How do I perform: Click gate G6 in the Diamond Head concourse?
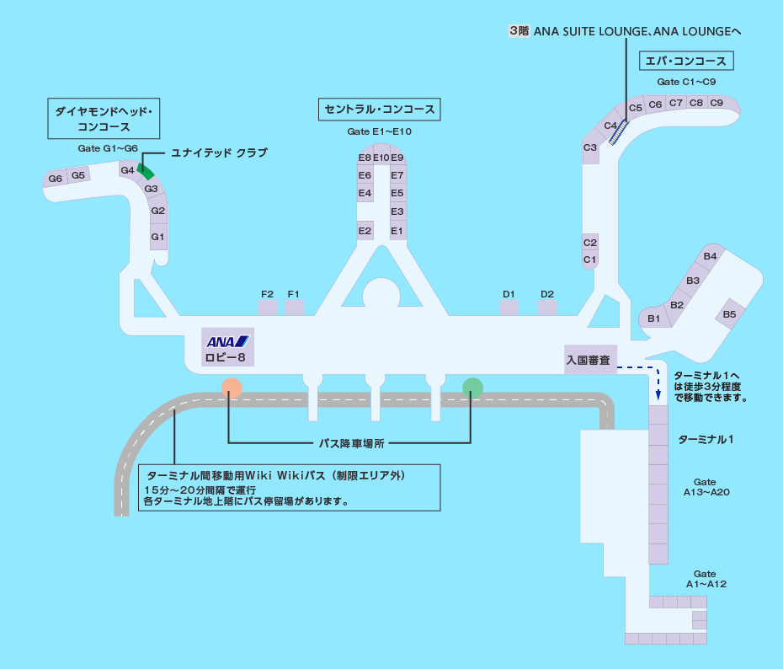[x=56, y=179]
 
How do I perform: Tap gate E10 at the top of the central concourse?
[x=381, y=158]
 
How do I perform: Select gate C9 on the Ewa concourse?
[x=716, y=103]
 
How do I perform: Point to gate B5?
[x=730, y=314]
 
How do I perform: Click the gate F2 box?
[x=268, y=306]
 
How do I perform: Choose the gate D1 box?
[x=509, y=306]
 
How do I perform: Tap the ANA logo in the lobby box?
[x=228, y=341]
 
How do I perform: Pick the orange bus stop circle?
[x=232, y=388]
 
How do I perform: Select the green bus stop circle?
[x=473, y=388]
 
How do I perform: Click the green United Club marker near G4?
[x=146, y=171]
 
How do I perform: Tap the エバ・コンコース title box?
[x=686, y=61]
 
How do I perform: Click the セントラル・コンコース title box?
[x=380, y=110]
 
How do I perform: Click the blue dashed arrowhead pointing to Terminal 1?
[x=658, y=394]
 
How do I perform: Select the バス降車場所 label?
[x=350, y=442]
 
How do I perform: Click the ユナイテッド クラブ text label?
[x=219, y=153]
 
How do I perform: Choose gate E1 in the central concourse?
[x=397, y=230]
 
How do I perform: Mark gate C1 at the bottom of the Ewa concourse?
[x=590, y=260]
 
